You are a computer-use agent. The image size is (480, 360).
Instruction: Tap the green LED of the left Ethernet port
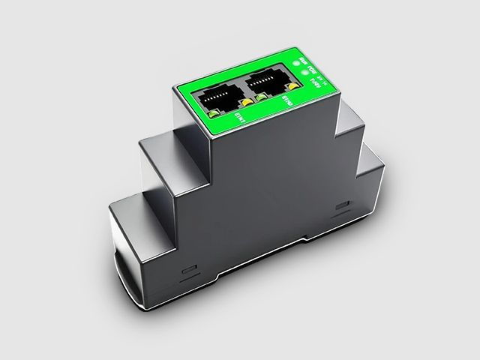(x=213, y=113)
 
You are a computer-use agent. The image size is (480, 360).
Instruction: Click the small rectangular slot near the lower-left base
(x=188, y=267)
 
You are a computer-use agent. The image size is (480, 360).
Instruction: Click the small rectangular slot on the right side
(x=343, y=205)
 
